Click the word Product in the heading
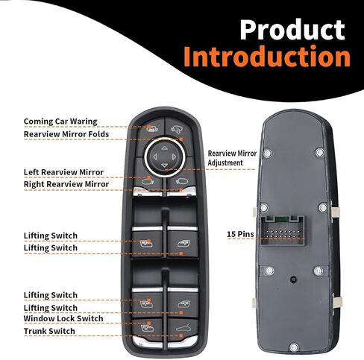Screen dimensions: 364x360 [292, 29]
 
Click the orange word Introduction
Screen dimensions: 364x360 [267, 56]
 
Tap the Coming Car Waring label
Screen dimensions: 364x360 [60, 121]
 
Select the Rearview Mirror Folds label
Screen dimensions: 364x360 [66, 134]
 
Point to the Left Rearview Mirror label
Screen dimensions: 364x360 [63, 172]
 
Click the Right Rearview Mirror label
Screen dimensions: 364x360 [66, 184]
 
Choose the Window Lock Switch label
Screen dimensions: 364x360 [63, 318]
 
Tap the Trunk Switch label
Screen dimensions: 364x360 [49, 331]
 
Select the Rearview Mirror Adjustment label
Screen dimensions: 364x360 [232, 158]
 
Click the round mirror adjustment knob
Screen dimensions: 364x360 [165, 157]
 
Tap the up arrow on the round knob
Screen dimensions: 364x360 [164, 148]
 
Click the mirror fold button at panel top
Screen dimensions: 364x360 [178, 128]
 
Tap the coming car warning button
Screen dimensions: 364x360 [151, 129]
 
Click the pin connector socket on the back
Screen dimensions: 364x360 [283, 230]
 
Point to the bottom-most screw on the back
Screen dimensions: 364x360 [294, 347]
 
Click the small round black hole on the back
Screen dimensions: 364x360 [294, 280]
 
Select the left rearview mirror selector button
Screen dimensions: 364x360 [148, 179]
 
